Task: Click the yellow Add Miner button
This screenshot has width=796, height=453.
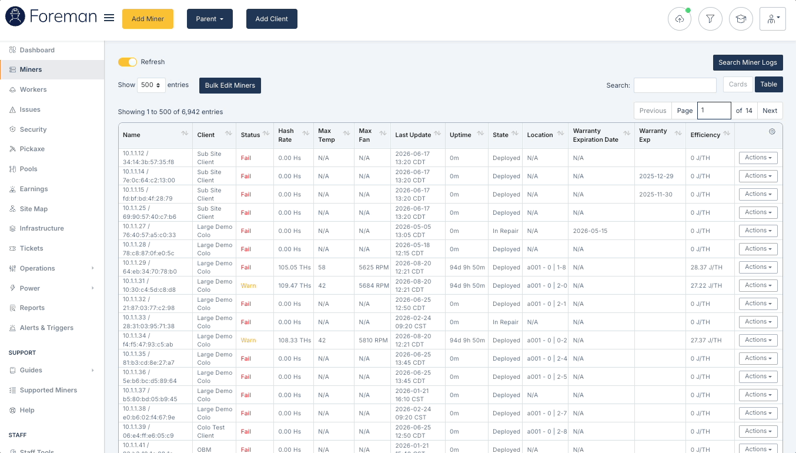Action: click(x=148, y=19)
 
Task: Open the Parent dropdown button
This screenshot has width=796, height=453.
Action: click(x=210, y=19)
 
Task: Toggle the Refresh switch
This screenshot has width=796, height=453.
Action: click(x=127, y=62)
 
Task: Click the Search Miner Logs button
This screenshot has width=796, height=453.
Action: click(x=748, y=62)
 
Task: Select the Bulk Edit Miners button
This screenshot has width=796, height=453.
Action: click(x=230, y=85)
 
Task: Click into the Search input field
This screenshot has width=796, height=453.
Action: click(x=675, y=85)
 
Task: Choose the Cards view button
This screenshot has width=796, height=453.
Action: click(x=738, y=84)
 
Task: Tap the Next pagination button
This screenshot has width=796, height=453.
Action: click(x=770, y=111)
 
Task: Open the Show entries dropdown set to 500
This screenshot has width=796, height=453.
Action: click(x=151, y=85)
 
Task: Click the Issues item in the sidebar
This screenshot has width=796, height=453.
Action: click(x=30, y=109)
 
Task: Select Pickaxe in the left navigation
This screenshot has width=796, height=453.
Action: click(x=32, y=149)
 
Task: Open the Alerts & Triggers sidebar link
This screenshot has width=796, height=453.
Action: click(x=46, y=328)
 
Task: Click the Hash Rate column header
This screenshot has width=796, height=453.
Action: click(x=286, y=135)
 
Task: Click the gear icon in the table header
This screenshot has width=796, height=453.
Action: click(x=772, y=132)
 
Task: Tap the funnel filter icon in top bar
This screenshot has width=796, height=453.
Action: click(x=710, y=19)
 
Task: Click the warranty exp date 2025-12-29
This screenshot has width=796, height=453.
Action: click(x=656, y=176)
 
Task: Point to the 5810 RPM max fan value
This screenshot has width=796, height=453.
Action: click(x=373, y=340)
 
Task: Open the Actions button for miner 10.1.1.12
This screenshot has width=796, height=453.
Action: click(x=758, y=158)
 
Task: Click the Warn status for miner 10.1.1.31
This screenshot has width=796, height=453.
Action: click(x=248, y=285)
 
